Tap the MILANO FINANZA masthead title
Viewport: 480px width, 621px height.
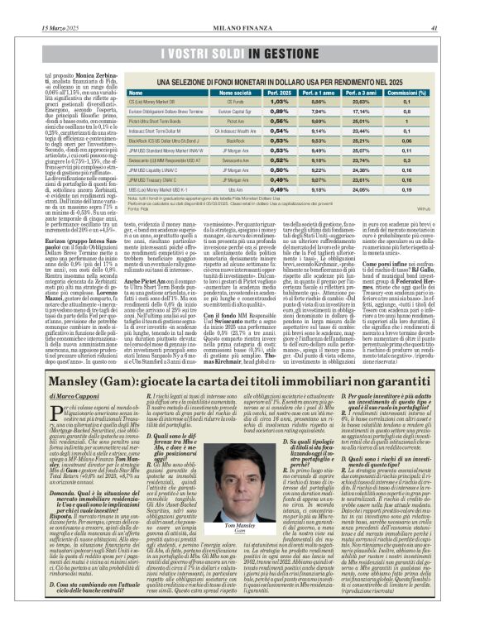239,7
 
